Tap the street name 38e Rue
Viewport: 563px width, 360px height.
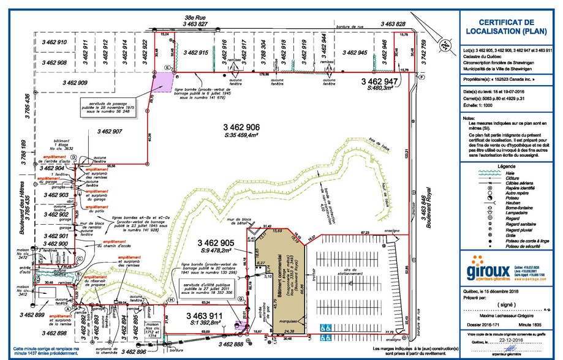click(x=195, y=18)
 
